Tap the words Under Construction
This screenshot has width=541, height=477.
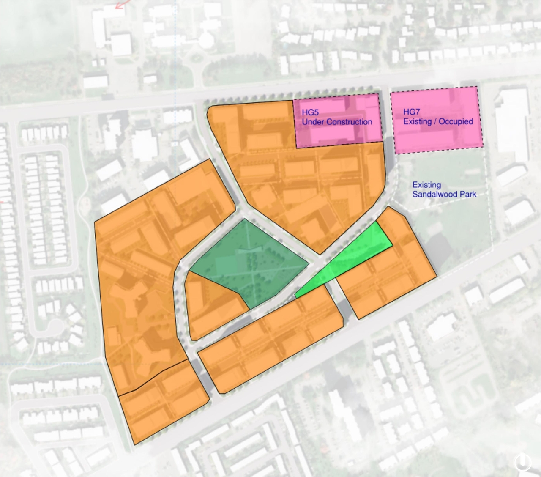(337, 122)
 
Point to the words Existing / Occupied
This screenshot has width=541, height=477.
(438, 121)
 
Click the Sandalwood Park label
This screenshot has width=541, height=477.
(444, 194)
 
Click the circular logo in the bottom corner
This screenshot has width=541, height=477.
(524, 461)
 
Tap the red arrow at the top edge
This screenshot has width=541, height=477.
(122, 4)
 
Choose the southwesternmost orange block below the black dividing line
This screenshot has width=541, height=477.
(163, 402)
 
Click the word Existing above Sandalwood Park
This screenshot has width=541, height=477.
(426, 185)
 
